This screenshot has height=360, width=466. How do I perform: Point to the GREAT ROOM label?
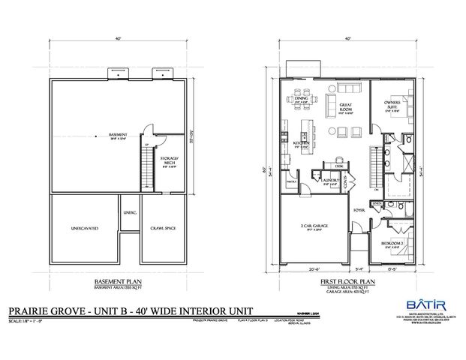346,108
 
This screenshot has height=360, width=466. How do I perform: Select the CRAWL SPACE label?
161,227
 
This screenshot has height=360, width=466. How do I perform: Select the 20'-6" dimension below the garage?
315,268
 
